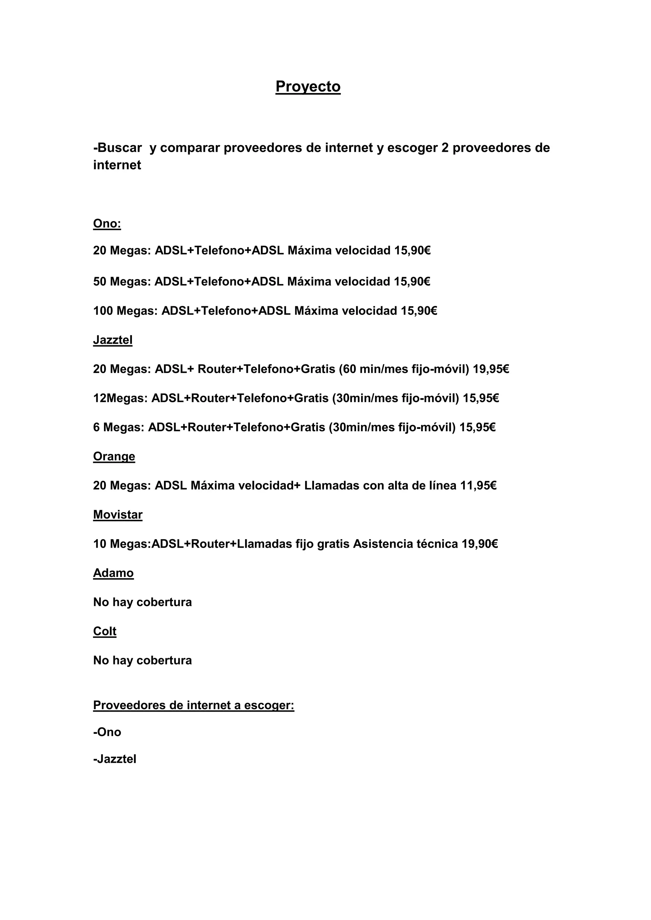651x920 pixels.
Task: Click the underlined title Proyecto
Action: click(x=308, y=86)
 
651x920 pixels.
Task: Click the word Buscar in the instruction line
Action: click(x=119, y=148)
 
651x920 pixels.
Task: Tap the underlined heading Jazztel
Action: click(x=113, y=340)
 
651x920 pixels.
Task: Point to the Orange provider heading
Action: click(x=114, y=457)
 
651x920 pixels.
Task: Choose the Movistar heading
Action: click(x=118, y=515)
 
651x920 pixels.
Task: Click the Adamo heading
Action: click(x=113, y=573)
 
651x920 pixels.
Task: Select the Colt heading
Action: click(x=105, y=631)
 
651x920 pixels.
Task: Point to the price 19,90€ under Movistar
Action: click(x=479, y=544)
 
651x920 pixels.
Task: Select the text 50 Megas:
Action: click(x=122, y=282)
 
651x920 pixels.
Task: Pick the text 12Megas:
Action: click(x=120, y=398)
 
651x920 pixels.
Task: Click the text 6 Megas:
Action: click(x=119, y=428)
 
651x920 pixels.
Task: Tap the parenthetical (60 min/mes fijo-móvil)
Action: click(x=404, y=369)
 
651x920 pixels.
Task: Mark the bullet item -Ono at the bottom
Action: click(x=107, y=732)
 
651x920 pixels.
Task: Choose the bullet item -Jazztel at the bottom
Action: click(x=115, y=759)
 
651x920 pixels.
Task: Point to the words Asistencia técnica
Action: click(x=405, y=544)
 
